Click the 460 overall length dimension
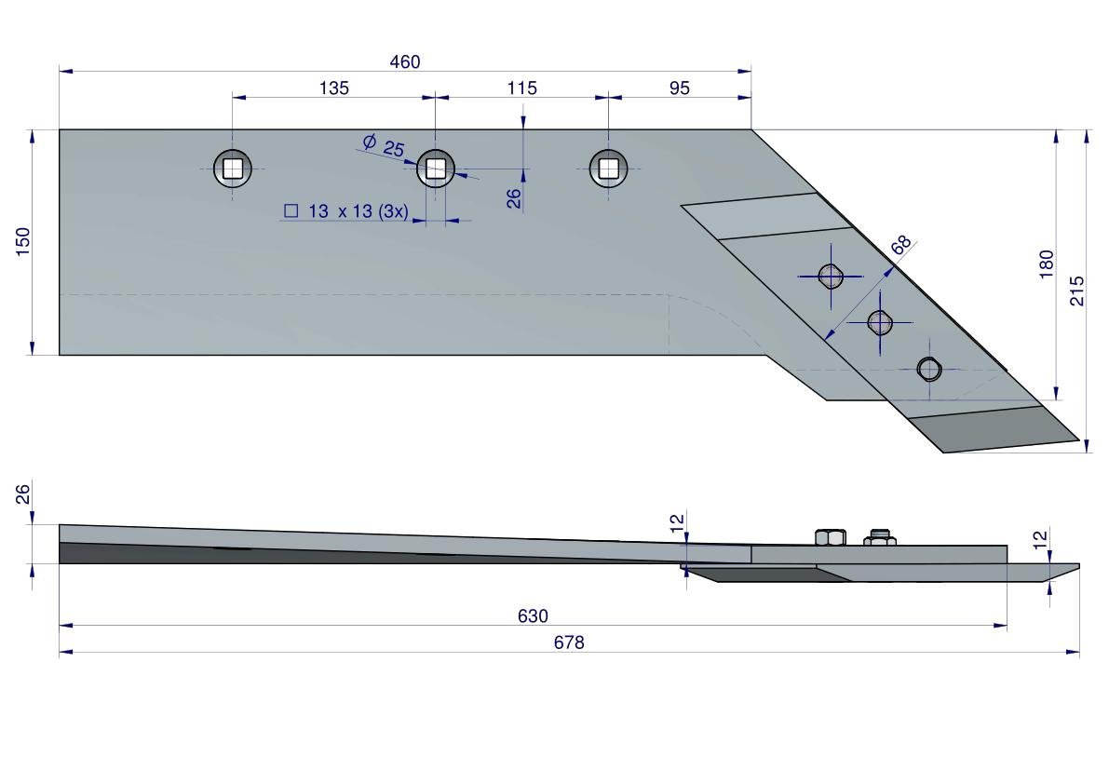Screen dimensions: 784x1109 (x=405, y=62)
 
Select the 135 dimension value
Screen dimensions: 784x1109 (x=333, y=88)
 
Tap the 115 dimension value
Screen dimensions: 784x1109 (x=522, y=88)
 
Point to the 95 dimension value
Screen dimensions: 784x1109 (x=680, y=88)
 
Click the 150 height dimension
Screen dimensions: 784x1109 (x=23, y=240)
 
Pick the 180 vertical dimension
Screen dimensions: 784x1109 (x=1047, y=264)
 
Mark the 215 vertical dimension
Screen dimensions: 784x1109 (x=1078, y=291)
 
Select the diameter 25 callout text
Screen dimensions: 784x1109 (x=385, y=146)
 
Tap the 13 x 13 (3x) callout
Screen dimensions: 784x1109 (x=346, y=211)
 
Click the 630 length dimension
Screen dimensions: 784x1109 (x=533, y=616)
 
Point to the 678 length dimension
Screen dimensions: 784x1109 (x=569, y=642)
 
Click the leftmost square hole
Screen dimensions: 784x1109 (x=233, y=169)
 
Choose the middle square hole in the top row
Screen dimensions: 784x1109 (x=435, y=169)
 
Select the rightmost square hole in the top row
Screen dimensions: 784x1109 (x=608, y=169)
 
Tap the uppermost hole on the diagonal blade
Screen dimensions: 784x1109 (x=831, y=276)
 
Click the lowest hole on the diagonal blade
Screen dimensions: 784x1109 (x=929, y=370)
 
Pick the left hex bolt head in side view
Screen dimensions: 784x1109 (x=830, y=536)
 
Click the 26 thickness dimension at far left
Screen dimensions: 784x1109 (x=24, y=493)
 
